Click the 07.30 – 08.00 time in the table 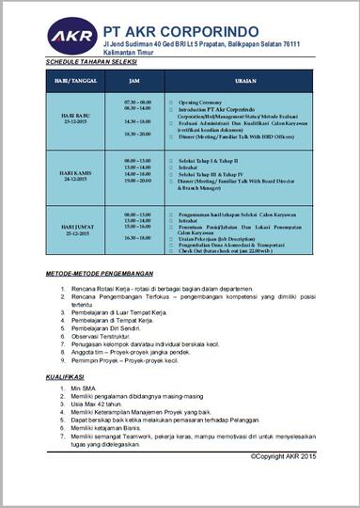(137, 101)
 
